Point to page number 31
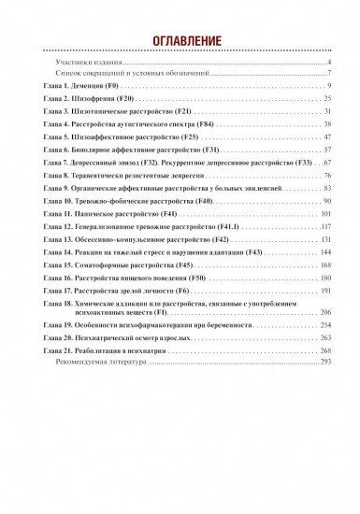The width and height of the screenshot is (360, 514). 327,110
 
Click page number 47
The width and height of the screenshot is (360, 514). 327,136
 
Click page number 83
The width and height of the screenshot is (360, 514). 327,188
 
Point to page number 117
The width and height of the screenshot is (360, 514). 325,227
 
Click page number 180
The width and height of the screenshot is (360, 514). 325,278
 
